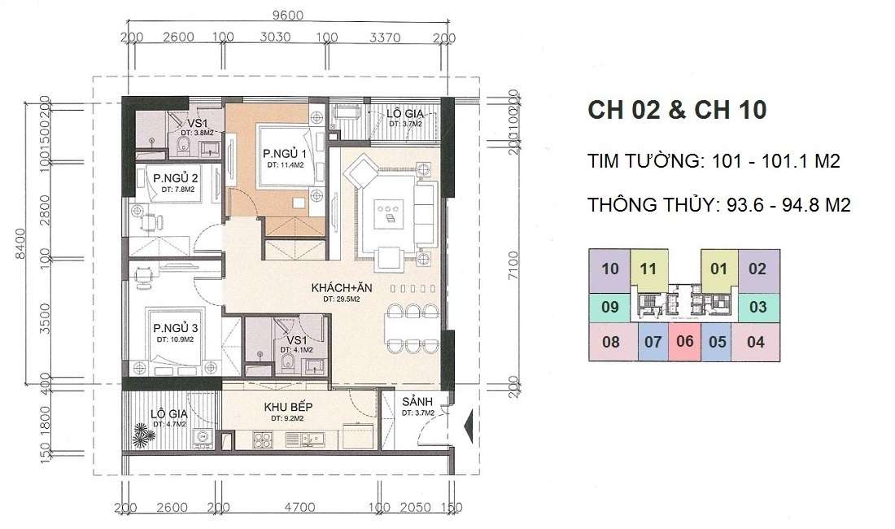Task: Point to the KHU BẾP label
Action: pos(288,408)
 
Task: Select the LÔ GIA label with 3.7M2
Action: pos(403,115)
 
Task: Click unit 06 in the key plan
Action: pos(685,341)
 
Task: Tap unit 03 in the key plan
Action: pos(757,307)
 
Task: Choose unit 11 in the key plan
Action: pos(648,269)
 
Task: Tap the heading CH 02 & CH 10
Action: pos(676,111)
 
